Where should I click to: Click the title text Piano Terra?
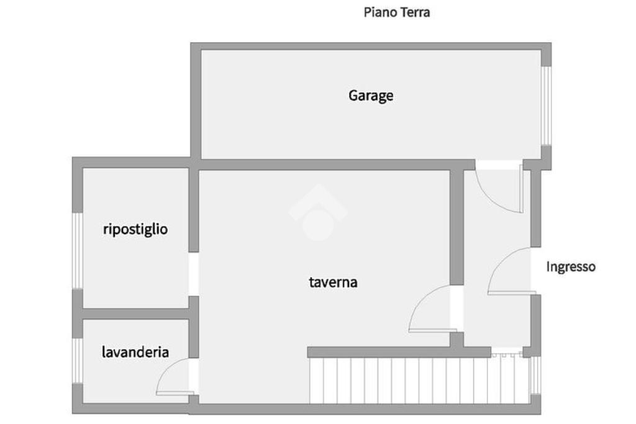click(396, 12)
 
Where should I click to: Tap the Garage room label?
click(371, 96)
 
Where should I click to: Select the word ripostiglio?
click(135, 229)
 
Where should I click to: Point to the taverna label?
click(333, 282)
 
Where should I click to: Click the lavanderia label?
click(135, 352)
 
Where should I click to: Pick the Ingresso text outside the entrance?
click(570, 266)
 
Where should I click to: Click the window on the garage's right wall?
click(545, 106)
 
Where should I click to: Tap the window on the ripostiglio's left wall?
click(78, 250)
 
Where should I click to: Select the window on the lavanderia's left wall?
click(78, 361)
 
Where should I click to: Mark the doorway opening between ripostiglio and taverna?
click(194, 274)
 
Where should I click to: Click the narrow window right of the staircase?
click(535, 375)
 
